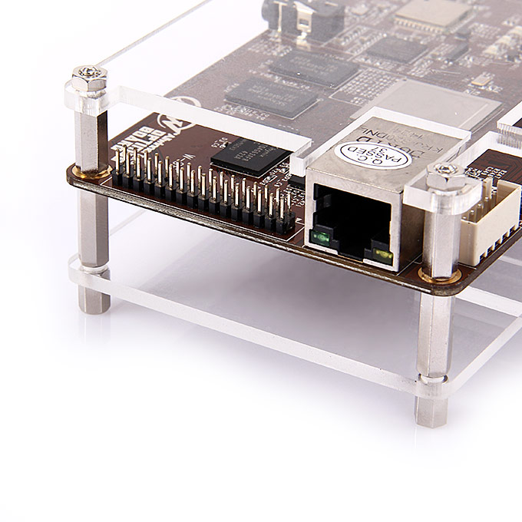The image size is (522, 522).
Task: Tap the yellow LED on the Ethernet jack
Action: coord(378,250)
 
